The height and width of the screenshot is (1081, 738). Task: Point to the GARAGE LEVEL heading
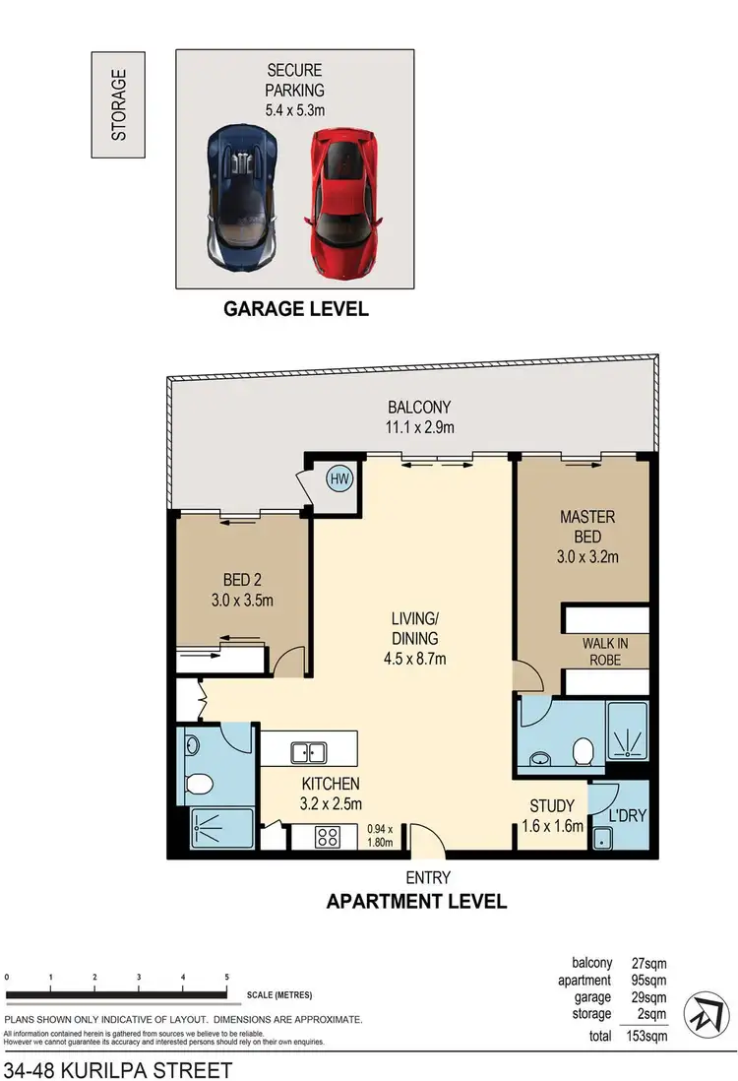(296, 309)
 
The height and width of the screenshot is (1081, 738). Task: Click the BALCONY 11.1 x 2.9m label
(420, 416)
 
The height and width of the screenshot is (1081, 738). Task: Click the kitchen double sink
(308, 753)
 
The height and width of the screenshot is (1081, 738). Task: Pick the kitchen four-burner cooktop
(327, 839)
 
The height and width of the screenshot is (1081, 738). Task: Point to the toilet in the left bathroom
(200, 784)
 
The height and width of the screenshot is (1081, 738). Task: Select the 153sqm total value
(648, 1036)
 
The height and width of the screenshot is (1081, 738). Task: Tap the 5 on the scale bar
(227, 977)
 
